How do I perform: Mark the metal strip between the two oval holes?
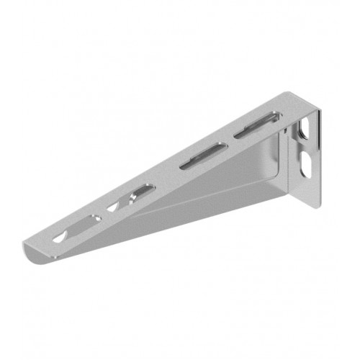(x=306, y=149)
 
